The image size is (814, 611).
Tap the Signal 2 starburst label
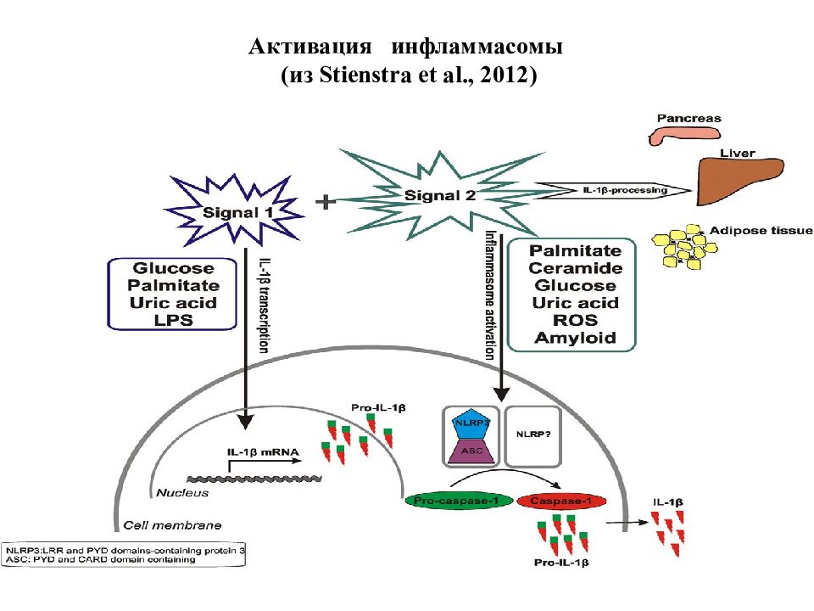440,196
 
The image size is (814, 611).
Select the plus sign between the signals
326,202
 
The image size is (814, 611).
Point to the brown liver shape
739,180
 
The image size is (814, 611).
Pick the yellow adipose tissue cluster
683,247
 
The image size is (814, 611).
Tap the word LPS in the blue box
173,320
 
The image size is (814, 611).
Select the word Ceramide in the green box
575,268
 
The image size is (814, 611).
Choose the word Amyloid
575,338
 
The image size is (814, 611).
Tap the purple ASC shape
471,451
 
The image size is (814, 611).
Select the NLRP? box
533,436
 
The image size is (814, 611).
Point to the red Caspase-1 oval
561,501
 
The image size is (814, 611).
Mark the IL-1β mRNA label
263,452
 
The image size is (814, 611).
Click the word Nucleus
182,492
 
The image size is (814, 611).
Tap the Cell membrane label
172,525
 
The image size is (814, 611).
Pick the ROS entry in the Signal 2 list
575,320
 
